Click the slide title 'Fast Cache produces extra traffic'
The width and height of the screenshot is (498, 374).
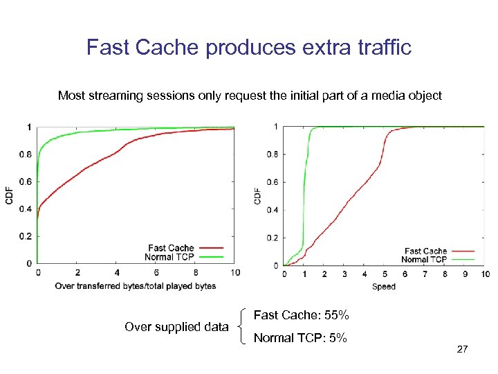[249, 47]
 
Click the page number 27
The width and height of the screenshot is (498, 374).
[463, 350]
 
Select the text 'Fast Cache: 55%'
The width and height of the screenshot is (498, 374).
[301, 315]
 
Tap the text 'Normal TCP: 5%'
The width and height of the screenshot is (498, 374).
[300, 339]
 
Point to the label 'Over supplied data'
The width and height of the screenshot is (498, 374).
[176, 327]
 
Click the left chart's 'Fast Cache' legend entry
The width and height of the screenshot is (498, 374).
[171, 248]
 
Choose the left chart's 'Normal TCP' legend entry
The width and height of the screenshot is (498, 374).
[169, 257]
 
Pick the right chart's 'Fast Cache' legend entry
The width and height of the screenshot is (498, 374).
[425, 251]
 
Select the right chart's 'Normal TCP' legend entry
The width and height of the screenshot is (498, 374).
[424, 260]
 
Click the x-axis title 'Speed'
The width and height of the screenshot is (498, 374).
[384, 286]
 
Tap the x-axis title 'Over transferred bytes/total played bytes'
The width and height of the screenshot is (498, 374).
[136, 285]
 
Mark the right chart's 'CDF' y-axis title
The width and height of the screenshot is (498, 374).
[258, 195]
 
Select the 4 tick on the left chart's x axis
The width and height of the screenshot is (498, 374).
[117, 273]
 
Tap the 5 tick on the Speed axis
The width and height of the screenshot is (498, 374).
[385, 274]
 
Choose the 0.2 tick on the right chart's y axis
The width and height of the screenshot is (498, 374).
[273, 238]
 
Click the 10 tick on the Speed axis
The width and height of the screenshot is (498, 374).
[486, 274]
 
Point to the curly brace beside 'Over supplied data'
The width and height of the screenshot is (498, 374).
[240, 327]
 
